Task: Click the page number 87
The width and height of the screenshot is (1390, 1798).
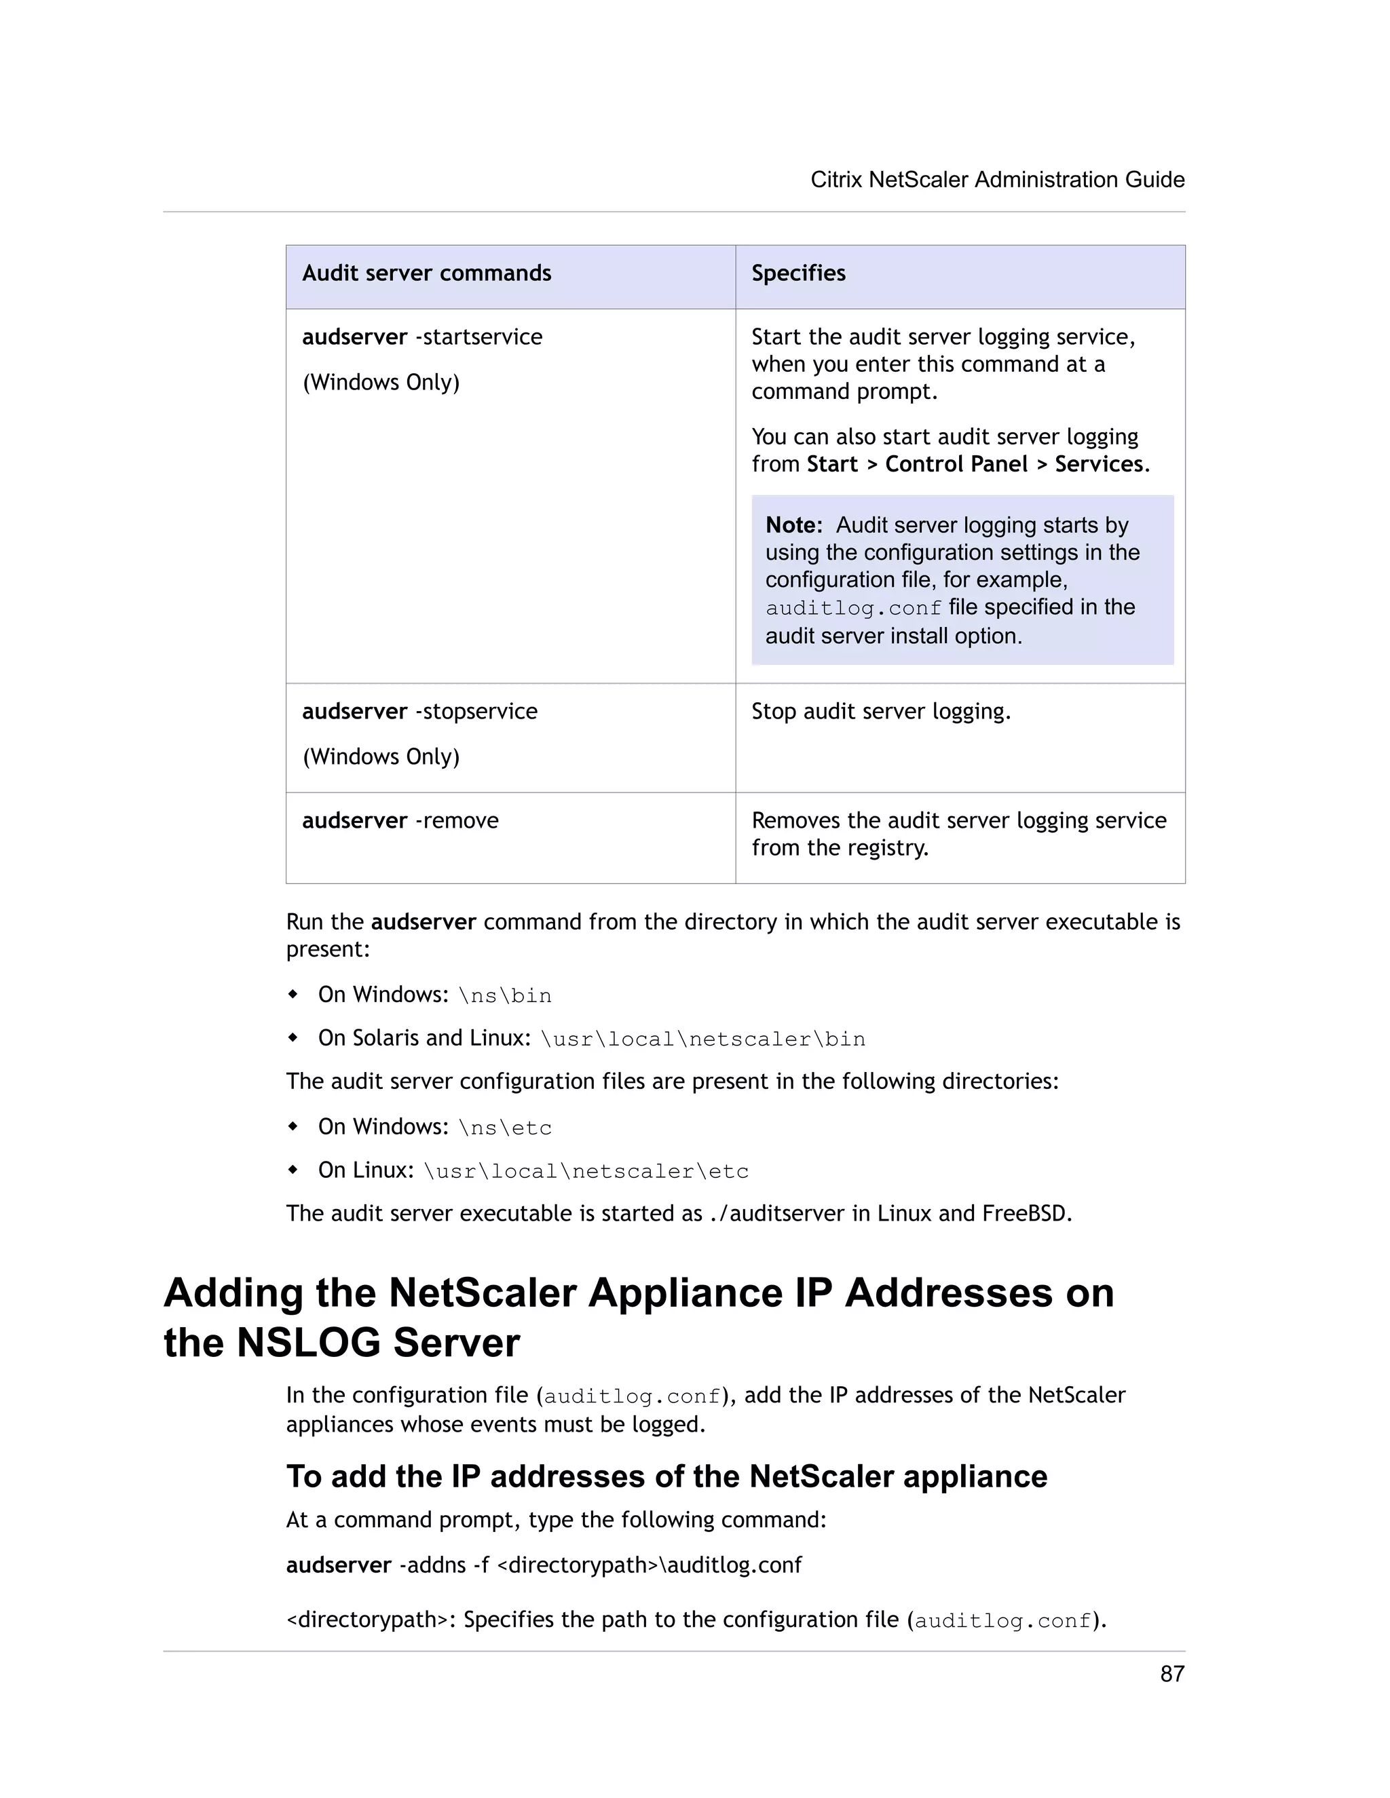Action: pyautogui.click(x=1171, y=1674)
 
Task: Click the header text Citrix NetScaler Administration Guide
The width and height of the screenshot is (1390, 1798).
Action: pyautogui.click(x=997, y=180)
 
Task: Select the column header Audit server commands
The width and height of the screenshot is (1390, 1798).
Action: pyautogui.click(x=426, y=273)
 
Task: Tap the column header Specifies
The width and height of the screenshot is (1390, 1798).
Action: pyautogui.click(x=798, y=273)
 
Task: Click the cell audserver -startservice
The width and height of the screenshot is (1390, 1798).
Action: pyautogui.click(x=422, y=337)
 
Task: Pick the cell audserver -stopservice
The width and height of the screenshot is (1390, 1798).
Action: pyautogui.click(x=420, y=711)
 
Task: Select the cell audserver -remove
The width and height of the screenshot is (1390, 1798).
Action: pyautogui.click(x=400, y=821)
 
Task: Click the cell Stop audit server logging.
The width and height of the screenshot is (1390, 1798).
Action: pyautogui.click(x=880, y=711)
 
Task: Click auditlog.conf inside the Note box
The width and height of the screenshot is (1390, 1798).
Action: pyautogui.click(x=853, y=609)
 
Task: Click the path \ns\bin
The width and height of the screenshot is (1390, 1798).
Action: pyautogui.click(x=505, y=996)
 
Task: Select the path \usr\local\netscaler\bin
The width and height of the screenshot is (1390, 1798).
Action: pyautogui.click(x=702, y=1039)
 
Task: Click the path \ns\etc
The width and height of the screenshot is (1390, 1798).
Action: pyautogui.click(x=505, y=1128)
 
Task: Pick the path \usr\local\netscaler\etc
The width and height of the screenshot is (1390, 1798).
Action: pyautogui.click(x=586, y=1172)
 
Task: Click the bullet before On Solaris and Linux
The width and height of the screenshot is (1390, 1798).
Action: pyautogui.click(x=293, y=1038)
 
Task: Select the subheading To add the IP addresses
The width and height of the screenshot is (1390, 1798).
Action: pyautogui.click(x=666, y=1476)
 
